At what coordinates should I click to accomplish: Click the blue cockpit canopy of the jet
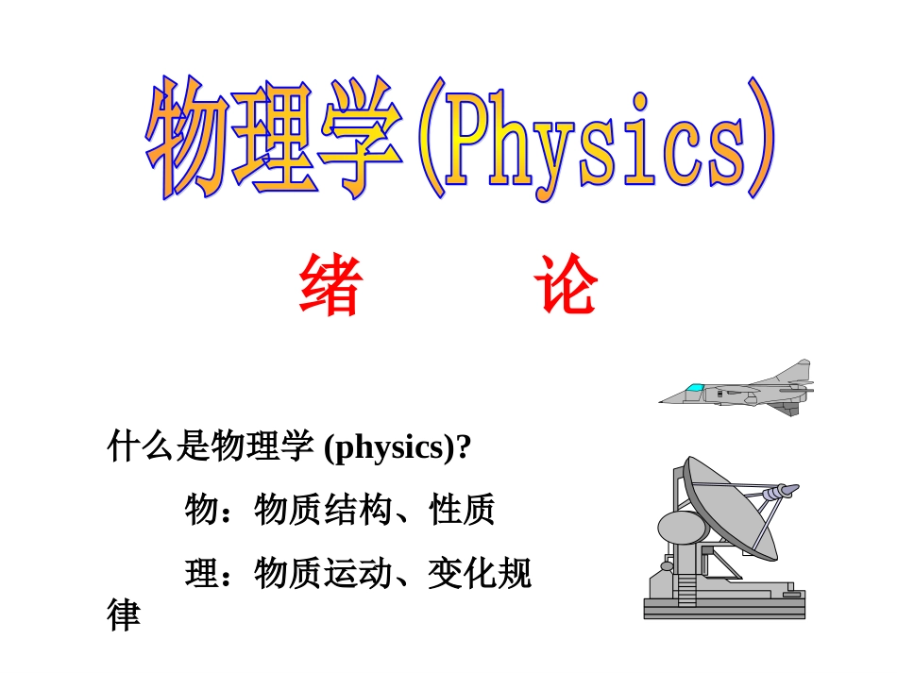pos(696,388)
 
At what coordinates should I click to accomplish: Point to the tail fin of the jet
pos(801,369)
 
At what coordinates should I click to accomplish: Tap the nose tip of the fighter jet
pos(662,401)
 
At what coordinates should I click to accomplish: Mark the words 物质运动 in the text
pos(324,573)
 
